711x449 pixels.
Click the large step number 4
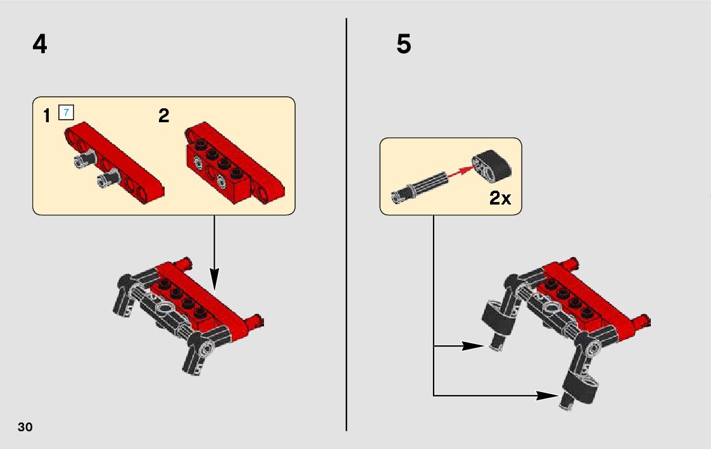40,45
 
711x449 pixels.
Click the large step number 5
403,44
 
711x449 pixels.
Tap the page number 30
25,427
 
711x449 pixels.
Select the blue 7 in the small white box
66,113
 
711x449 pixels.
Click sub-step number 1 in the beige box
46,116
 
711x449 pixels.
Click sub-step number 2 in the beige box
164,116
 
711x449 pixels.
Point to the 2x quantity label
500,198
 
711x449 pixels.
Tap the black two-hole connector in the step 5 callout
491,165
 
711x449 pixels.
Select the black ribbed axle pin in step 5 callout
420,187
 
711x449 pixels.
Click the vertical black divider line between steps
346,224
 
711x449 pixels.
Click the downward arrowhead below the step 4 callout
214,279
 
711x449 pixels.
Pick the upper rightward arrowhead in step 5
474,346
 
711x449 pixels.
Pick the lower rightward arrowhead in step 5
548,395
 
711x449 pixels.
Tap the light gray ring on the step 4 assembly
165,308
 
